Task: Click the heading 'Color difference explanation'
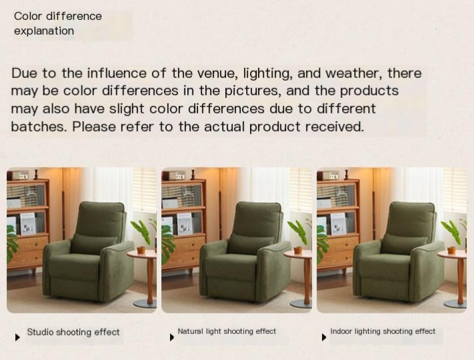[x=57, y=23]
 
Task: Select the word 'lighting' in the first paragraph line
[x=271, y=73]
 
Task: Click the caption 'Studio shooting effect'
[x=73, y=332]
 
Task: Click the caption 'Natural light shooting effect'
[x=227, y=331]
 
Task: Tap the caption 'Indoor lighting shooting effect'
[x=383, y=331]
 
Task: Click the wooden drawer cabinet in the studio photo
[x=28, y=250]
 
